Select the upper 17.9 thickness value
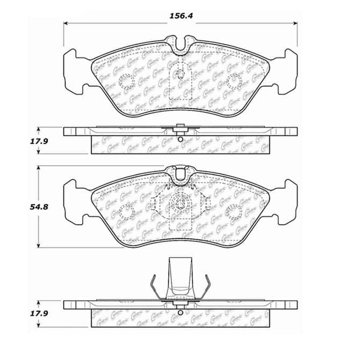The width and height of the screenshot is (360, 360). (x=20, y=142)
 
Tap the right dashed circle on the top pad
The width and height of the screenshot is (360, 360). (x=234, y=82)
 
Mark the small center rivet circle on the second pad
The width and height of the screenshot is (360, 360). (x=180, y=204)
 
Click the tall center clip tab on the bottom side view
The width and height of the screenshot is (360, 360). (x=180, y=276)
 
